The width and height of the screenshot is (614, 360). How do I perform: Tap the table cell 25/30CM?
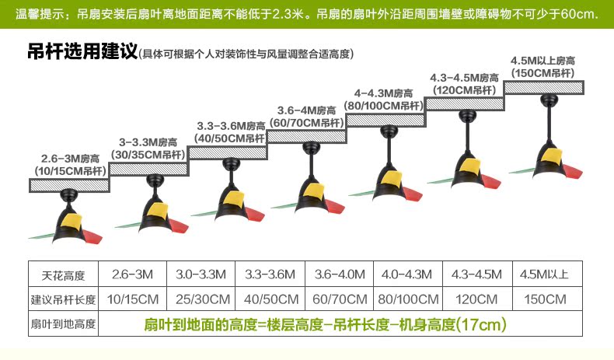tap(200, 299)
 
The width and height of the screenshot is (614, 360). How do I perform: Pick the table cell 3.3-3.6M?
tap(269, 274)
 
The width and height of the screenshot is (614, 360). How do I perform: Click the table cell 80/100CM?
tap(407, 299)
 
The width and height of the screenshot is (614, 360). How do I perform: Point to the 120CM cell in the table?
tap(476, 299)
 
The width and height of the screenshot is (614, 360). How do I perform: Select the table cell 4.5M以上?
tap(545, 274)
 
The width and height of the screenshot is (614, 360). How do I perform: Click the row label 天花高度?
tap(62, 274)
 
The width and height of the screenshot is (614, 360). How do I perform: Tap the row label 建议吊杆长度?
tap(62, 299)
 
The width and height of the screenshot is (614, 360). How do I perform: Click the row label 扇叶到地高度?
tap(62, 323)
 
